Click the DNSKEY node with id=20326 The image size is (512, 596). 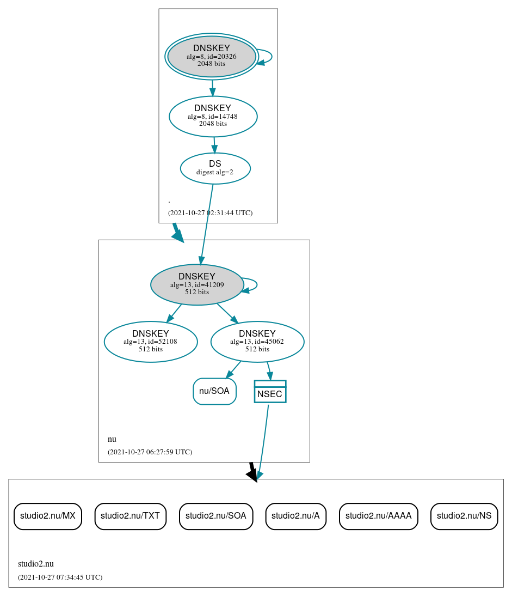click(212, 57)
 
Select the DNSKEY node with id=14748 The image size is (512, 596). click(213, 116)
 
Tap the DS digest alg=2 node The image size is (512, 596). click(215, 168)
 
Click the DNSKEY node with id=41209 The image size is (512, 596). click(197, 284)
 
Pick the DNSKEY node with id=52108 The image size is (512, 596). click(151, 342)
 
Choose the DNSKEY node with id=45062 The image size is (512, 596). click(257, 342)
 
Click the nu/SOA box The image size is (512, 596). click(214, 391)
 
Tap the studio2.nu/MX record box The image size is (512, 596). click(48, 516)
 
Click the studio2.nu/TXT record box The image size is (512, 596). click(131, 516)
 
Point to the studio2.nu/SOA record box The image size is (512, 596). click(216, 516)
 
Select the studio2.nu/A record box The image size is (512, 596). click(296, 516)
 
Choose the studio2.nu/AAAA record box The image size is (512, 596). click(379, 516)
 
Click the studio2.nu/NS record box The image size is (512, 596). click(464, 516)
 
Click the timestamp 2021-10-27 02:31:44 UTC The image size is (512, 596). click(210, 213)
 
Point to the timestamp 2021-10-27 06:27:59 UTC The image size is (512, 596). click(150, 452)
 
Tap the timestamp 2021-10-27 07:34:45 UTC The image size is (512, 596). click(60, 577)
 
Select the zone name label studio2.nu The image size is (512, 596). click(36, 564)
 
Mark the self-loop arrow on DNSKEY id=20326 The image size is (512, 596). click(270, 57)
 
